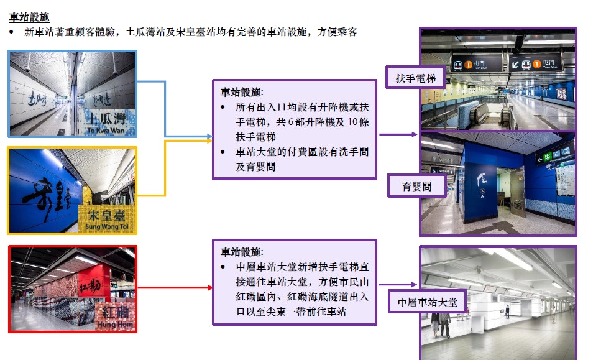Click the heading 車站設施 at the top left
(29, 17)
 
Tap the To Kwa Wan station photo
(72, 93)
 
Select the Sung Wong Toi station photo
(72, 190)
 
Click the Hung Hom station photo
(72, 288)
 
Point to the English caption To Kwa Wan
(107, 131)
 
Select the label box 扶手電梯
(416, 79)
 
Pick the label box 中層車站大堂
(427, 302)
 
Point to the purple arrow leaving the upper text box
(398, 134)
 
